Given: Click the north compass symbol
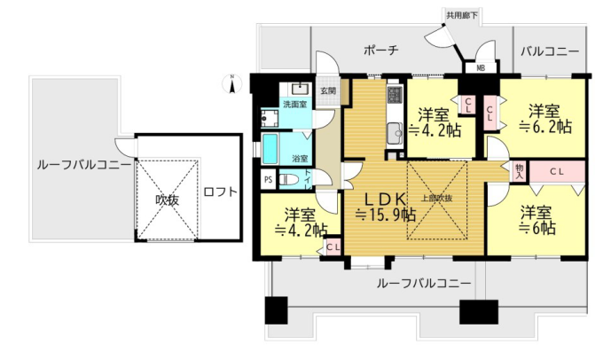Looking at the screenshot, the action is [231, 83].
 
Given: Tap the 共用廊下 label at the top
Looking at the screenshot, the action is [462, 16].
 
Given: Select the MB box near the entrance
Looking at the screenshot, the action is [481, 67].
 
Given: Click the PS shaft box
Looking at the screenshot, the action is [269, 180].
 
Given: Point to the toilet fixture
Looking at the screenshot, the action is [289, 180].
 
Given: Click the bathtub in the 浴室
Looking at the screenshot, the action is [270, 149].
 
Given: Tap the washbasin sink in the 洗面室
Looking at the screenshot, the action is [300, 90].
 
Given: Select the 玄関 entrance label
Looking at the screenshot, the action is [328, 91].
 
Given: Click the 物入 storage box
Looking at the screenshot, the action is [519, 171].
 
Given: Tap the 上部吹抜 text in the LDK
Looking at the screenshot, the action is [437, 198].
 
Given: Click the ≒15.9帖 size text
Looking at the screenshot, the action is [385, 215].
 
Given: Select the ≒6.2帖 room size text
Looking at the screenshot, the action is [545, 127].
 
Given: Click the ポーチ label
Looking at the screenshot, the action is [381, 50].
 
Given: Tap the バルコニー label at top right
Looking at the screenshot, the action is [550, 51].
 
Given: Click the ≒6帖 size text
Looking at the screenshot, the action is [537, 228].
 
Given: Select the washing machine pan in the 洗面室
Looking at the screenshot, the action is [270, 118].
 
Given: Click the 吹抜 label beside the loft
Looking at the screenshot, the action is [168, 200].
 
